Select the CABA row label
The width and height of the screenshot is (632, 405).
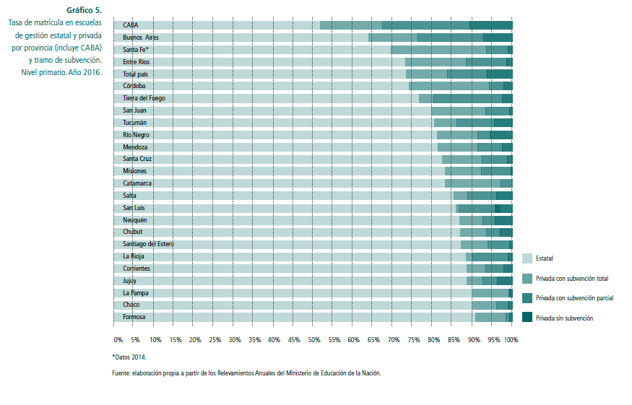click(131, 25)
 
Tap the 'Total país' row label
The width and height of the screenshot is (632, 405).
click(136, 74)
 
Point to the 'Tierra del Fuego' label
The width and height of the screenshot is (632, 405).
click(144, 98)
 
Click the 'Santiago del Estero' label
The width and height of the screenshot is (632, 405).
click(148, 244)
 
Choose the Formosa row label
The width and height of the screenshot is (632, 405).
click(134, 317)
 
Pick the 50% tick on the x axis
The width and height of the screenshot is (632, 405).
click(314, 339)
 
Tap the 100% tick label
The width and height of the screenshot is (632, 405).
click(511, 339)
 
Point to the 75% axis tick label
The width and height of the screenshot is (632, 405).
click(413, 339)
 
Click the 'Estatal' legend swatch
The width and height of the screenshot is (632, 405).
click(527, 258)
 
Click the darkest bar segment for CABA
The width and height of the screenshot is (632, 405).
click(490, 25)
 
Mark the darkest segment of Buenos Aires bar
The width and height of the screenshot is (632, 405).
click(498, 38)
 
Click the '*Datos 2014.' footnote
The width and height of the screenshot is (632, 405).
click(134, 357)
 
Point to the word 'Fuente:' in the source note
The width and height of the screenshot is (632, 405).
click(121, 373)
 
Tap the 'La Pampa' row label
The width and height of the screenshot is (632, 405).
click(135, 292)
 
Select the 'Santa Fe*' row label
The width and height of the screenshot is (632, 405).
click(136, 50)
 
